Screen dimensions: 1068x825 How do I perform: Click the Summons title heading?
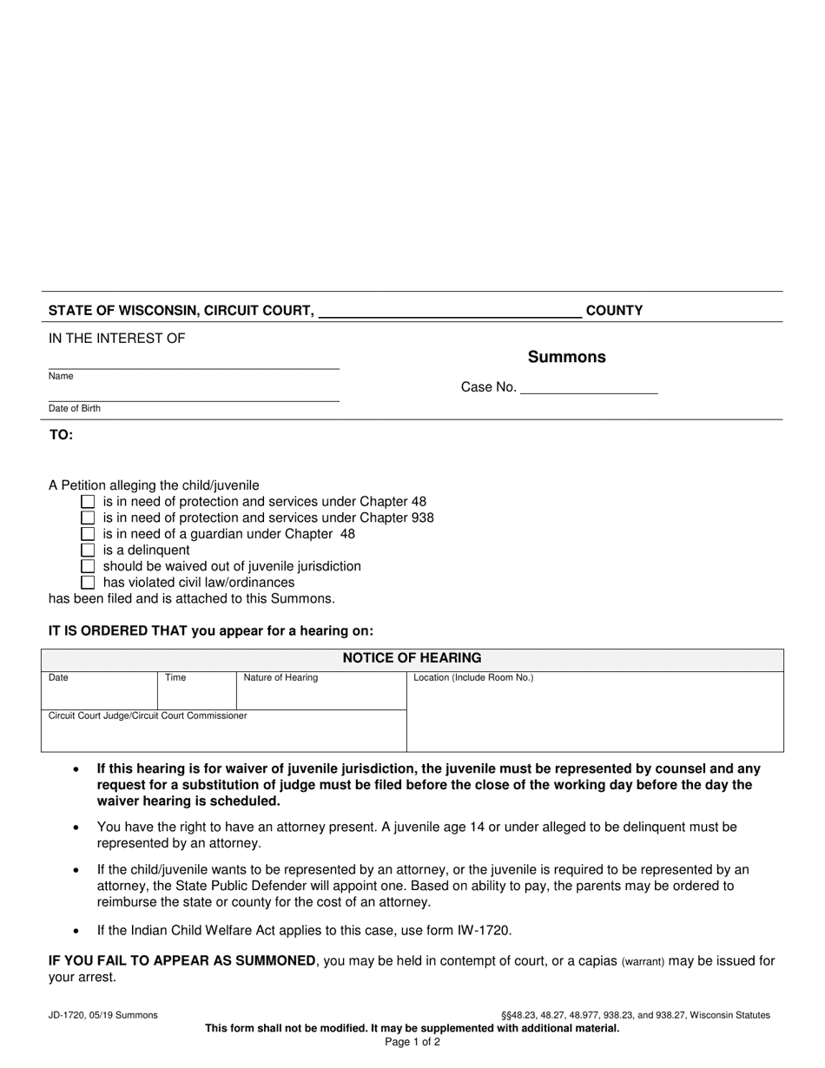tap(566, 357)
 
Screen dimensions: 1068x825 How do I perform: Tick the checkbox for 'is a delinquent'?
tap(88, 550)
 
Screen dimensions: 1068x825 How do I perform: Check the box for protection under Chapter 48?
tap(88, 502)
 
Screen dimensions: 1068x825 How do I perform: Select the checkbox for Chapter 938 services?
tap(88, 518)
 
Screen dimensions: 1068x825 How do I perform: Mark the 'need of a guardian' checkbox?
tap(88, 534)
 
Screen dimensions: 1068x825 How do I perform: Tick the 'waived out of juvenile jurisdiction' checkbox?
tap(88, 566)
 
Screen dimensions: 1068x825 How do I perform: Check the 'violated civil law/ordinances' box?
tap(88, 582)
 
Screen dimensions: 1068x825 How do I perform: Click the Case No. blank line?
tap(588, 388)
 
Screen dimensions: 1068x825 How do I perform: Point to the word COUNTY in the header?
tap(614, 311)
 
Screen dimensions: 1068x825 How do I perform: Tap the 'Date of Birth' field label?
tap(75, 408)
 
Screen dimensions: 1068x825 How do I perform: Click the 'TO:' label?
tap(61, 435)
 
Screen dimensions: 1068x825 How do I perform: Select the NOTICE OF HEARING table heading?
tap(412, 658)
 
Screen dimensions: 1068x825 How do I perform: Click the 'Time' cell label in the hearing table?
tap(175, 677)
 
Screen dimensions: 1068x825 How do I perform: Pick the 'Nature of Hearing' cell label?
tap(280, 677)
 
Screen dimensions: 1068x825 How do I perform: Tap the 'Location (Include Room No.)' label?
tap(473, 677)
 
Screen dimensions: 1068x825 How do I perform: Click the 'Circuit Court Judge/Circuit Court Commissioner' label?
tap(148, 715)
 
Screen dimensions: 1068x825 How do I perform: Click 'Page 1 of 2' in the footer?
tap(412, 1042)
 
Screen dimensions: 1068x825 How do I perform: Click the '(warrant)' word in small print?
tap(643, 961)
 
